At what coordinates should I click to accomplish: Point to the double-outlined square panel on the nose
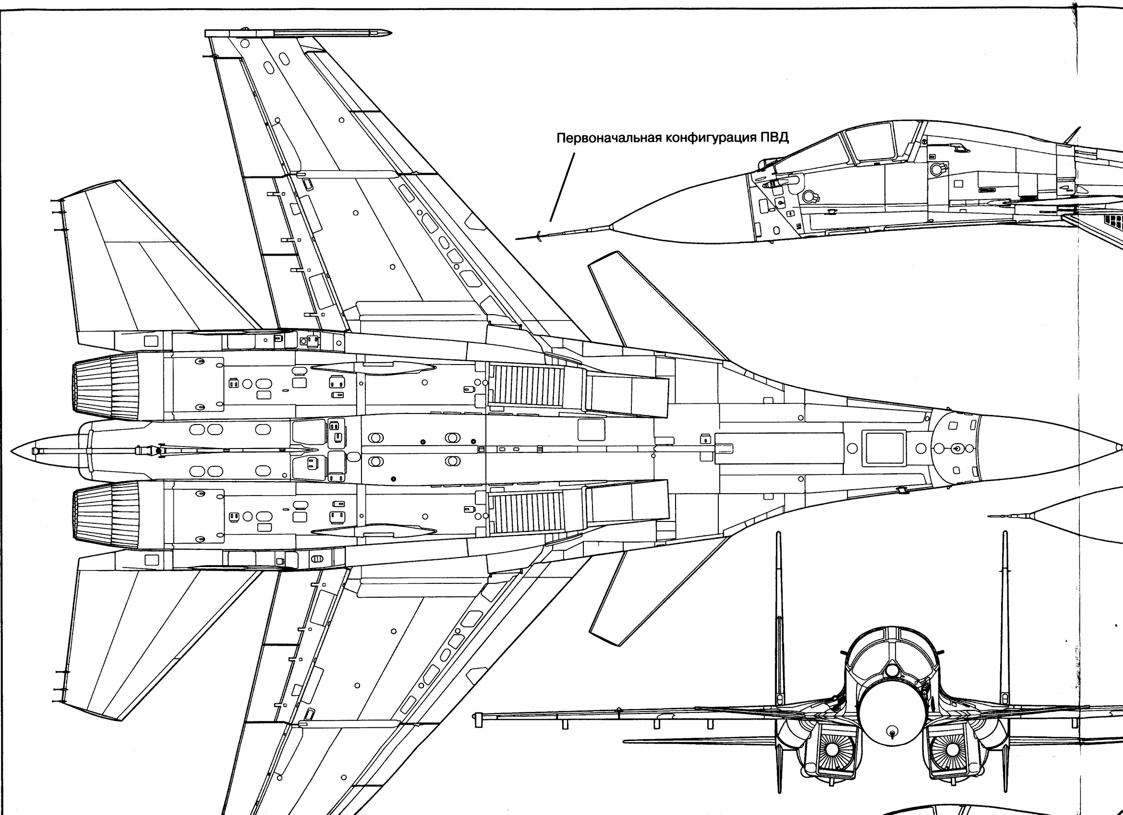point(884,448)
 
